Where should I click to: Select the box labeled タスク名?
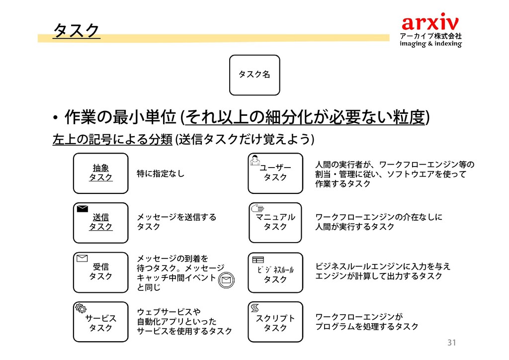[254, 75]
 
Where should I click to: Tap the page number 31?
[451, 343]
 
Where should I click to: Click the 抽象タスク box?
[100, 173]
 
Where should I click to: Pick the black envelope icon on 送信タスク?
[83, 209]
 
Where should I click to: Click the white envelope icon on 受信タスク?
[83, 258]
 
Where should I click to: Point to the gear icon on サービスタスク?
[81, 308]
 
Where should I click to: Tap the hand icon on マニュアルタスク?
[257, 209]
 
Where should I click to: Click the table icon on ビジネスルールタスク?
[257, 259]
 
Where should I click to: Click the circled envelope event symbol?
[226, 280]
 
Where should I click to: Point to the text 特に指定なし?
[161, 174]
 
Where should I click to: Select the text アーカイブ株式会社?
[431, 36]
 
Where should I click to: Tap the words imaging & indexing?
[431, 44]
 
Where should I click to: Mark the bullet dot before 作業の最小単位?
[57, 118]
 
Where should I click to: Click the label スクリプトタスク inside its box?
[275, 323]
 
